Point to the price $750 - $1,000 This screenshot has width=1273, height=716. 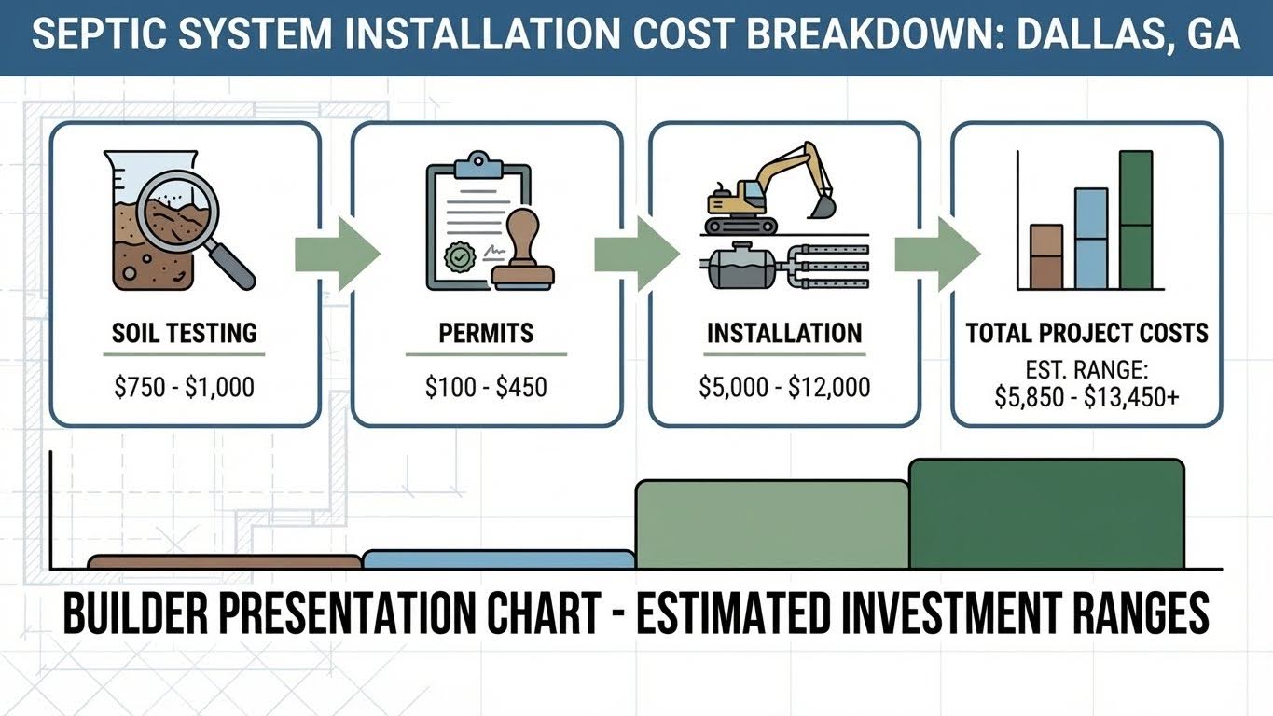[x=184, y=387]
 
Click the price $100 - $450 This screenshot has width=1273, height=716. [x=486, y=387]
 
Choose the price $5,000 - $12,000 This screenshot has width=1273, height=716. [x=784, y=387]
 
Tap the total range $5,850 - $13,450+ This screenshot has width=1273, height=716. [x=1086, y=397]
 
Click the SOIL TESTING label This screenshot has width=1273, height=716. [x=184, y=333]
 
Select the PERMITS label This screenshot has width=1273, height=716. [x=486, y=333]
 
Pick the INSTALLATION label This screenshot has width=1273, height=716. [x=784, y=333]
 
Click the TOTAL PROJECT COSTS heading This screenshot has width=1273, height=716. [x=1086, y=333]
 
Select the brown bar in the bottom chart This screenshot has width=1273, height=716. [x=225, y=562]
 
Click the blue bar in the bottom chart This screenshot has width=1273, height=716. [x=498, y=559]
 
